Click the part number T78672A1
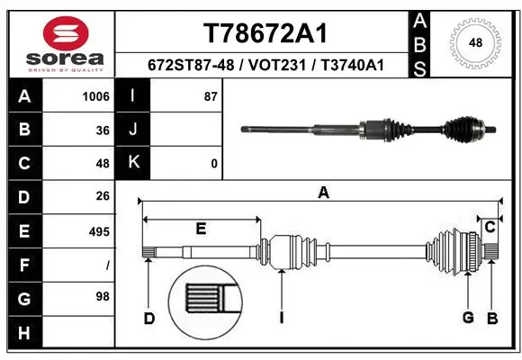click(263, 33)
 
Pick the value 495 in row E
click(98, 232)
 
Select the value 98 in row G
click(102, 296)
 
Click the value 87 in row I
click(211, 96)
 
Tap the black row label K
click(133, 164)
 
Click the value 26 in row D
click(102, 196)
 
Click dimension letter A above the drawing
click(323, 192)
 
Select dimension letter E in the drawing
click(201, 229)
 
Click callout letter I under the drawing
click(282, 317)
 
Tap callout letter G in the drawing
click(468, 317)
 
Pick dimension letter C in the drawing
click(490, 227)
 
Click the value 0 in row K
click(213, 164)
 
